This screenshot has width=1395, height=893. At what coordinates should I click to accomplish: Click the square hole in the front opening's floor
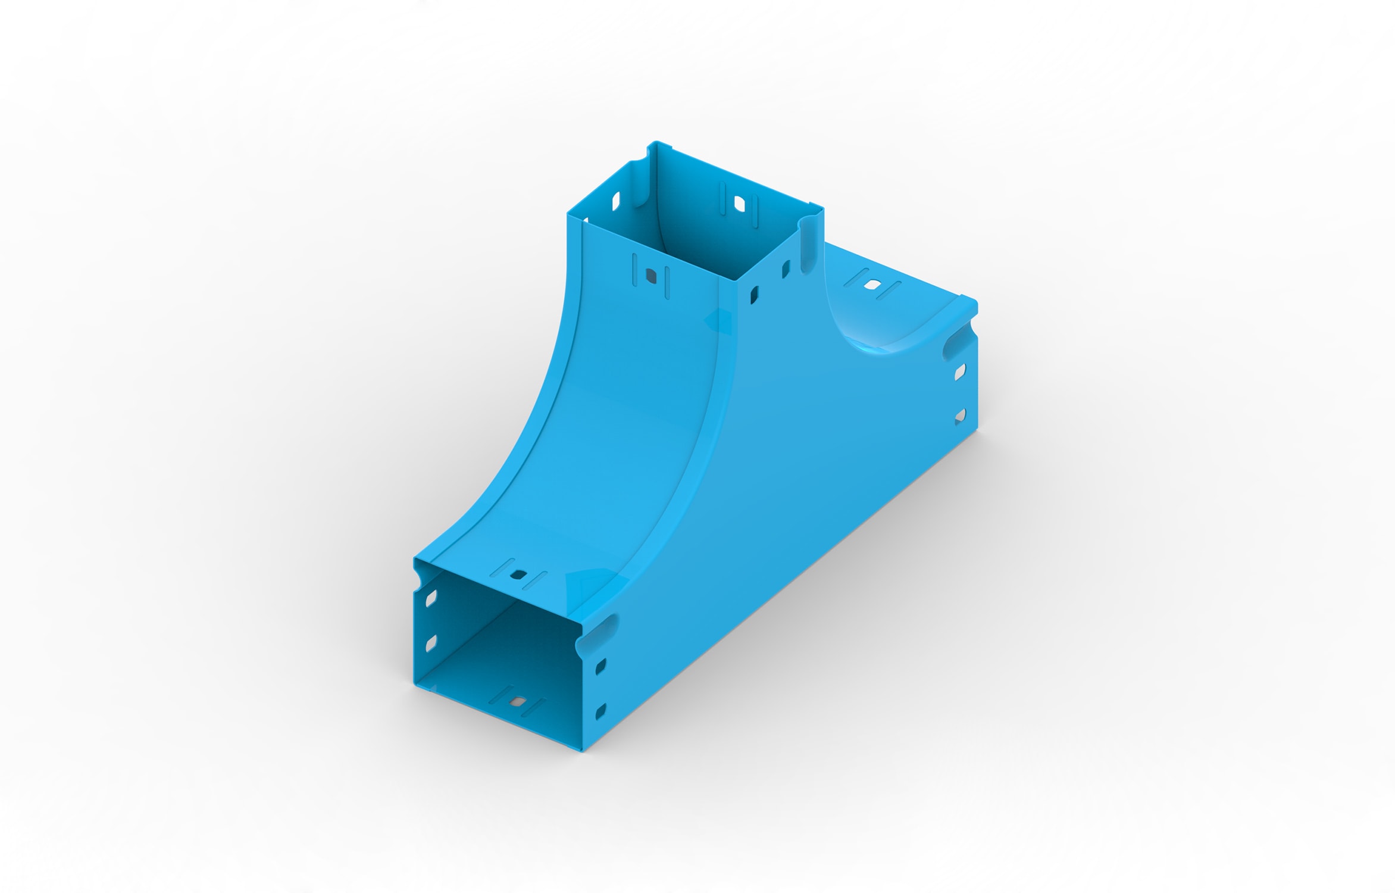pyautogui.click(x=518, y=701)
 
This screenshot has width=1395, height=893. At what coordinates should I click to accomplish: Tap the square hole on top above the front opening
pyautogui.click(x=518, y=575)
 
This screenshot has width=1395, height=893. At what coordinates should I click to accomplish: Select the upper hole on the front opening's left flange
pyautogui.click(x=431, y=598)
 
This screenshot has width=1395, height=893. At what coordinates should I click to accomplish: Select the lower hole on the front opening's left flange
pyautogui.click(x=431, y=643)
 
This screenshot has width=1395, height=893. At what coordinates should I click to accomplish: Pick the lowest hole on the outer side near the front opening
pyautogui.click(x=600, y=710)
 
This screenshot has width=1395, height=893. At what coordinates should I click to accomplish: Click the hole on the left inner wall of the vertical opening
pyautogui.click(x=615, y=201)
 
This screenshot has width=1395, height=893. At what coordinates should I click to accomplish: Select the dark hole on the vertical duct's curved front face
pyautogui.click(x=650, y=277)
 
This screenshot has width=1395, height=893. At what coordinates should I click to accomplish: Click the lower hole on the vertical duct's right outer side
pyautogui.click(x=754, y=294)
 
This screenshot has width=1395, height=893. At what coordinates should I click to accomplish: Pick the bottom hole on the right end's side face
pyautogui.click(x=959, y=415)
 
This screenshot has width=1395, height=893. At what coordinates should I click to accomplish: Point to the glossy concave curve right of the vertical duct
pyautogui.click(x=875, y=333)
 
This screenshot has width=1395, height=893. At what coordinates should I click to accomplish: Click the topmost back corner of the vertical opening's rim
pyautogui.click(x=656, y=143)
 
